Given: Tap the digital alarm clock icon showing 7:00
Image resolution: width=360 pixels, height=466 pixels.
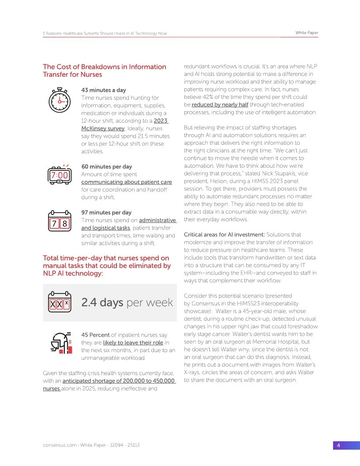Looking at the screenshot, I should [x=59, y=175].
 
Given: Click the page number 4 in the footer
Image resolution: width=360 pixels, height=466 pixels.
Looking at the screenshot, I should [x=338, y=445].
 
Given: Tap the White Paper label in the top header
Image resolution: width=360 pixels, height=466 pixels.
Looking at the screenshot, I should [x=307, y=33].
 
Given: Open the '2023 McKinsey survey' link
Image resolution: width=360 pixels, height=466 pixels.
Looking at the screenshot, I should [x=103, y=128].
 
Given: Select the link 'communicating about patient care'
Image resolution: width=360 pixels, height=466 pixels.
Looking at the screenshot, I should [x=127, y=182].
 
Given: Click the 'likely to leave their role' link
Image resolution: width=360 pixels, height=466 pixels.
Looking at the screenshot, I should [x=133, y=343].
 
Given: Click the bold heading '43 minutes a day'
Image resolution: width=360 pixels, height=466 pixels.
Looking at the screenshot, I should [x=104, y=90].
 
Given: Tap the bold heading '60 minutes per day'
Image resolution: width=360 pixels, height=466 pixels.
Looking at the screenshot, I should [x=107, y=166].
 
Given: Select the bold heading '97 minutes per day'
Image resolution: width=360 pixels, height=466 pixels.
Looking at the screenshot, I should [x=107, y=212].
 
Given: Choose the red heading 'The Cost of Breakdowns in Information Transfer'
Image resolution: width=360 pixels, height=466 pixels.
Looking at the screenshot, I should [x=104, y=71].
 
